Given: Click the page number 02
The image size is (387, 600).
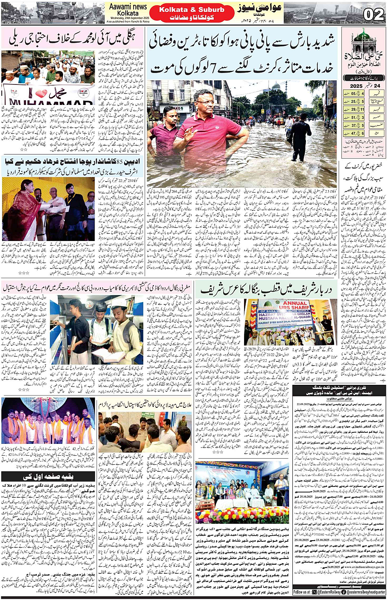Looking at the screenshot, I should coord(373,14).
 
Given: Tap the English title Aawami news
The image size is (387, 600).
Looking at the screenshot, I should coord(128,7).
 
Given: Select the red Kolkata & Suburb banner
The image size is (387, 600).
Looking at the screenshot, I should coord(191,9).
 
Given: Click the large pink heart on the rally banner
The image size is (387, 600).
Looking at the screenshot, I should coord(41,94).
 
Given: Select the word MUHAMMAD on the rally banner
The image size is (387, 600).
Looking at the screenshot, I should coord(49,102).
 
